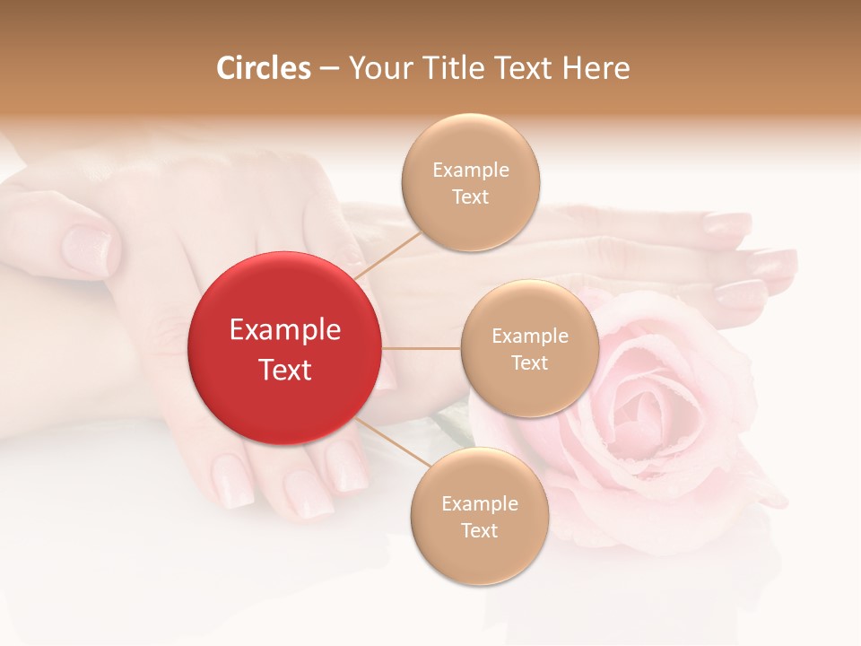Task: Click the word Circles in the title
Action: (263, 68)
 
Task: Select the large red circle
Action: (284, 348)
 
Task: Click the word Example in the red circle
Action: (284, 330)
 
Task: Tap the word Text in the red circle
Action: (284, 369)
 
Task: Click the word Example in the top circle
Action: (470, 170)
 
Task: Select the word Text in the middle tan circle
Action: (529, 362)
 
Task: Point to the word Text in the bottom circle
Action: (479, 530)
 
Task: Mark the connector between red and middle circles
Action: (422, 348)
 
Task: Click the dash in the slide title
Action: (328, 68)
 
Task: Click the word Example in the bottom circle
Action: (479, 503)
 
